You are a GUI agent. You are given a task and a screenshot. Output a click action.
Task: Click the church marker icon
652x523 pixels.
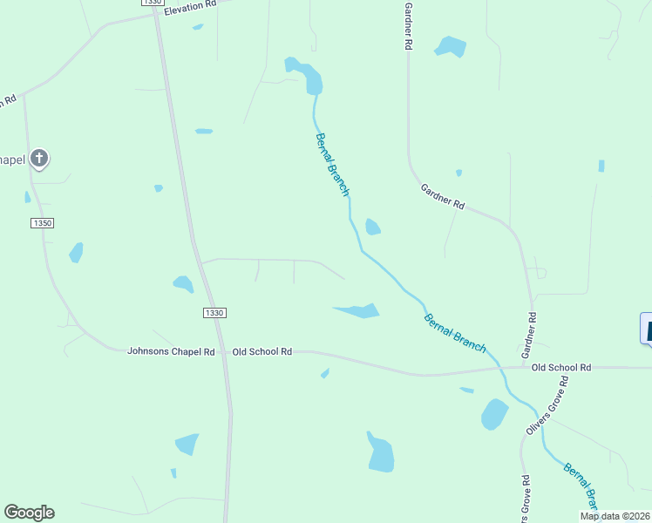pos(39,159)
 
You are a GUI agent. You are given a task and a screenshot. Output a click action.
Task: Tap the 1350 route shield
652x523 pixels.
pos(43,223)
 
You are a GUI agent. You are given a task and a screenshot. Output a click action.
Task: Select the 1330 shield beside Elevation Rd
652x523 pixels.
pos(151,3)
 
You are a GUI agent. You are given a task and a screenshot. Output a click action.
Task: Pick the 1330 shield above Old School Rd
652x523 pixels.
pos(214,313)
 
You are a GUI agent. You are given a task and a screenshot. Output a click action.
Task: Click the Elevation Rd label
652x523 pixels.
pos(189,5)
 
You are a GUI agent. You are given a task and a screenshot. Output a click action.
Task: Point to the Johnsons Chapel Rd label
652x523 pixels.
pos(171,352)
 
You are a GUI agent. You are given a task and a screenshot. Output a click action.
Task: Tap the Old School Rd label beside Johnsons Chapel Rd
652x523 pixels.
pos(261,352)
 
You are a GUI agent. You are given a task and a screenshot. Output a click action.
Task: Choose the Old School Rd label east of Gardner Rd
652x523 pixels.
pos(561,368)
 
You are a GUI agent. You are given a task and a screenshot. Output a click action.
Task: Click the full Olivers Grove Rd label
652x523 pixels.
pos(547,406)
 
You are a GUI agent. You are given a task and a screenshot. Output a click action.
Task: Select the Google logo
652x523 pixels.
pos(29,513)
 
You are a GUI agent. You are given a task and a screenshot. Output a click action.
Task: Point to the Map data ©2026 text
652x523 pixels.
pos(615,516)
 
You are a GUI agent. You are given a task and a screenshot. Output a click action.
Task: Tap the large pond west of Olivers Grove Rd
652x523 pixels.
pos(494,414)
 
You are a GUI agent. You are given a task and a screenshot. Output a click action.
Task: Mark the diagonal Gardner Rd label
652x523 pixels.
pos(443,196)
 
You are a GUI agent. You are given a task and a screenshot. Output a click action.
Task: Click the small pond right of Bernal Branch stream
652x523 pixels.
pos(372,227)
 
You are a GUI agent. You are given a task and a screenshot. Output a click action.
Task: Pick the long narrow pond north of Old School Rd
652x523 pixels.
pos(358,310)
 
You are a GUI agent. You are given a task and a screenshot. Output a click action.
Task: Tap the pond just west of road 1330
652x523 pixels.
pos(183,283)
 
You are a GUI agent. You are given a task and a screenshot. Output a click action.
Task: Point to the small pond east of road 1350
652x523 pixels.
pos(76,252)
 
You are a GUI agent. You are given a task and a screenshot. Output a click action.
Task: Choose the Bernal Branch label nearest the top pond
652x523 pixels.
pos(332,164)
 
